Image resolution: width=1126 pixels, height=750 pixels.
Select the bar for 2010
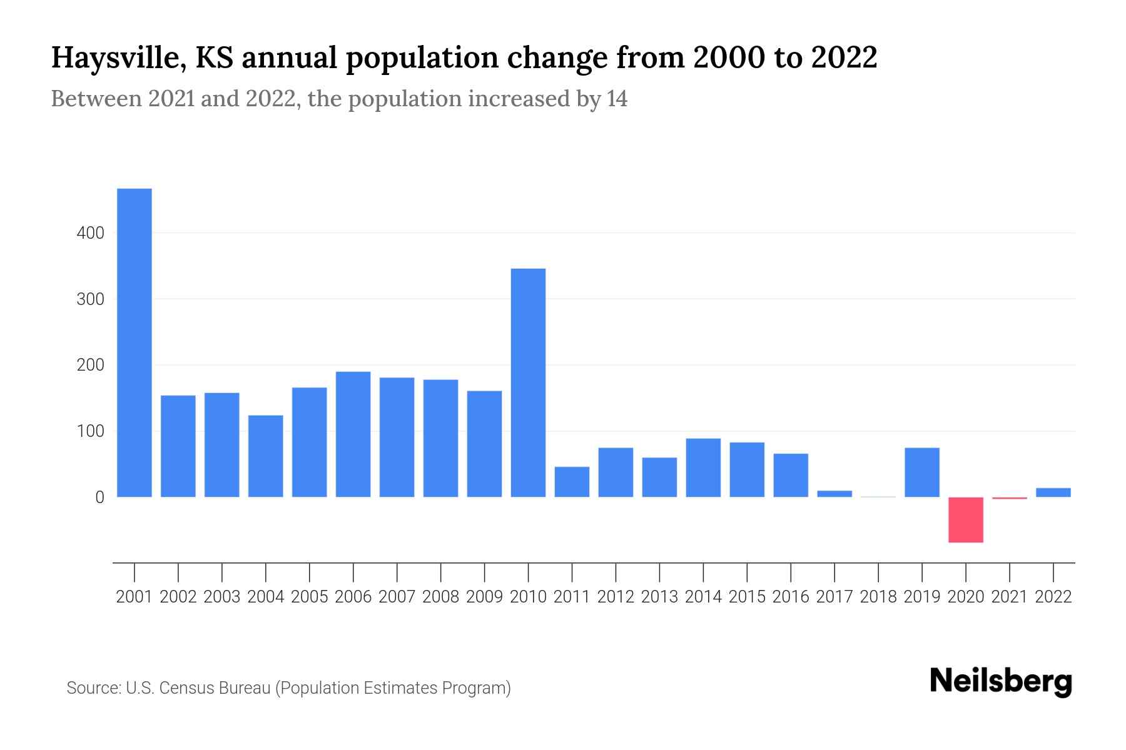(528, 382)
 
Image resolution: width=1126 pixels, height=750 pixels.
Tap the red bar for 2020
(965, 519)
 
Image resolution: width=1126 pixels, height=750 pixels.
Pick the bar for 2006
(353, 434)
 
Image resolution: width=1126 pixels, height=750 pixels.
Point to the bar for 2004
(265, 456)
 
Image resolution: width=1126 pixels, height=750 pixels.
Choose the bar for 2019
(921, 472)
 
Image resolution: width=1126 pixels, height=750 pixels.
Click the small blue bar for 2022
(1053, 492)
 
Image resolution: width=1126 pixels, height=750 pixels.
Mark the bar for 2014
(703, 467)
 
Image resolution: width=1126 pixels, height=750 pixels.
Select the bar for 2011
(572, 482)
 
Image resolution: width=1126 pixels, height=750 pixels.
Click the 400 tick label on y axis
(90, 233)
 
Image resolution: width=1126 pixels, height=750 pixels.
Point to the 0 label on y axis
(99, 497)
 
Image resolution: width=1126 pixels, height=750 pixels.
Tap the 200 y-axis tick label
(90, 365)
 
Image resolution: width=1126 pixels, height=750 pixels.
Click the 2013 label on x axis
(659, 597)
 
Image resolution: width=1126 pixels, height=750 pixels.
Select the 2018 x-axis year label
(878, 597)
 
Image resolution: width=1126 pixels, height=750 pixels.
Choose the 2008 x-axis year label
(440, 597)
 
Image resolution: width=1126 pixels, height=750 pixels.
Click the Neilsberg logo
(1001, 682)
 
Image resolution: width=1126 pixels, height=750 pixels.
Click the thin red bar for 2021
(1009, 498)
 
